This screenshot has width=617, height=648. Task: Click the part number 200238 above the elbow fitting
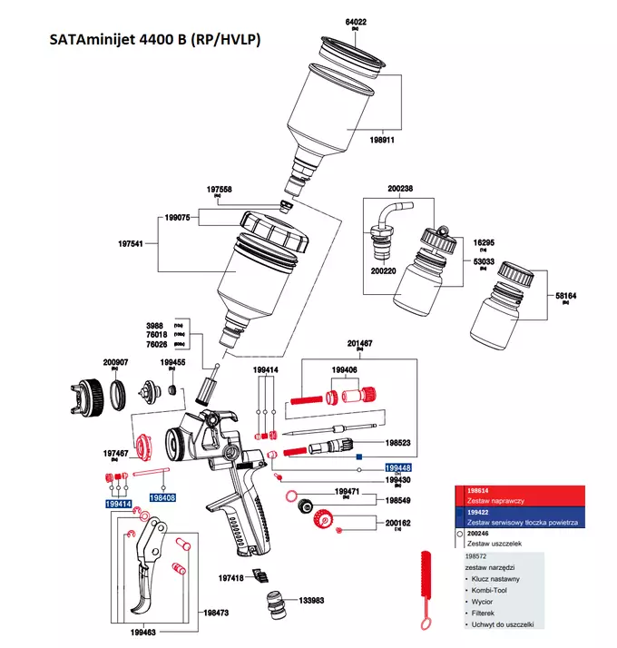[400, 189]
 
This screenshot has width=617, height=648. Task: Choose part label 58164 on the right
[565, 295]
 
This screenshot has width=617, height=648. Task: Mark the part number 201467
[360, 344]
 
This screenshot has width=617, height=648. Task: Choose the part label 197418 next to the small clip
[230, 577]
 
